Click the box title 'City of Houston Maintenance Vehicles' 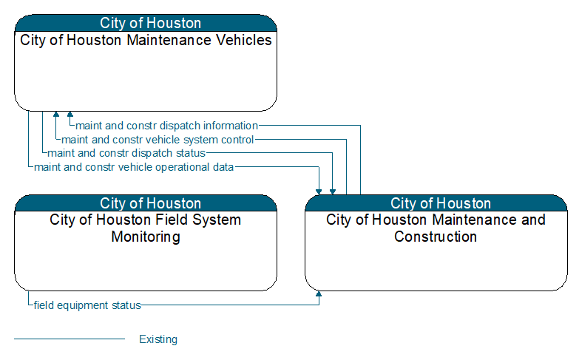click(x=146, y=40)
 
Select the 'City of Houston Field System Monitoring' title click(x=146, y=228)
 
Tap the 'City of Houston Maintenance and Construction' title click(x=436, y=228)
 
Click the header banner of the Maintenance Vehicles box click(x=146, y=23)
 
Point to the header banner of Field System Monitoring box click(x=146, y=203)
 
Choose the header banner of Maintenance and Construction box click(x=436, y=203)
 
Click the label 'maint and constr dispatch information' click(x=166, y=126)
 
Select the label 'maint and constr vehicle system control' click(x=158, y=140)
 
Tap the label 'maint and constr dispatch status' click(x=126, y=153)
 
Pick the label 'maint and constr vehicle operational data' click(x=134, y=167)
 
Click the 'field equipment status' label click(x=87, y=305)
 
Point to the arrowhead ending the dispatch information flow click(x=70, y=114)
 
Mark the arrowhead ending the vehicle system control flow click(x=56, y=114)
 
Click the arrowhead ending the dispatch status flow click(x=333, y=191)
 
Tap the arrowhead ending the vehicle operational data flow click(x=319, y=191)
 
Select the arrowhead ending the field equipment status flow click(x=319, y=294)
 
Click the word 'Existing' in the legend click(x=158, y=339)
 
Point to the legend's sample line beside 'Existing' click(x=70, y=339)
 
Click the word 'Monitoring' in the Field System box click(x=146, y=237)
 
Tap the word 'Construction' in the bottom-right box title click(x=436, y=237)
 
